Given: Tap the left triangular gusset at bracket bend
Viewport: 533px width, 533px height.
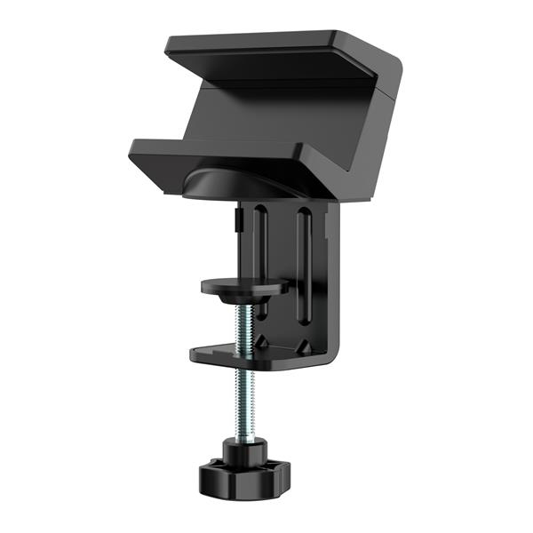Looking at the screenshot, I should click(x=265, y=340).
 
